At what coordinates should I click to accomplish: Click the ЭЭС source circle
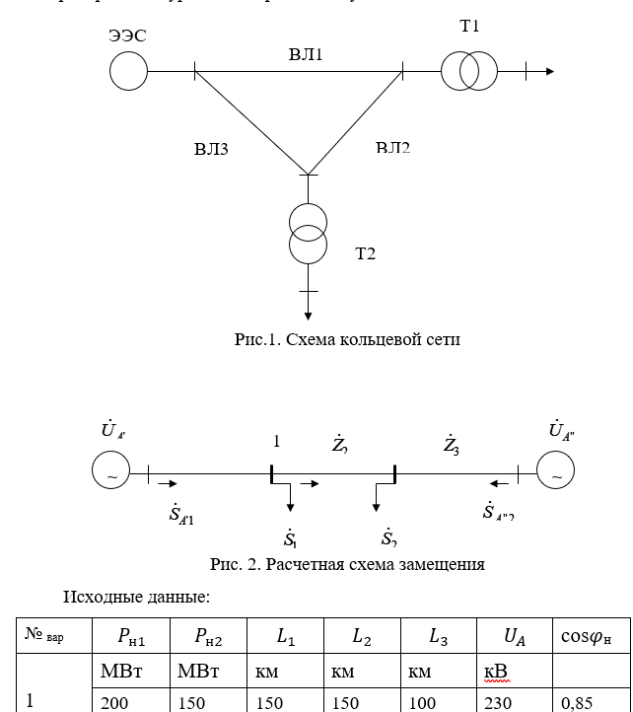tap(128, 71)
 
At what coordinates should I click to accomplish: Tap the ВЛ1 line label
tap(306, 54)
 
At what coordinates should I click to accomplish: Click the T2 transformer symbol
tap(309, 235)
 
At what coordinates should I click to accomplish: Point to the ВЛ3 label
tap(211, 150)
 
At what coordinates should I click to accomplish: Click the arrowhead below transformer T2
tap(309, 316)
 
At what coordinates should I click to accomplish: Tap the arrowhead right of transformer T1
tap(548, 71)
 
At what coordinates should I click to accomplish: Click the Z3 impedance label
tap(451, 446)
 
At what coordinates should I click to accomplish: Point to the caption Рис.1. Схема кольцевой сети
tap(347, 339)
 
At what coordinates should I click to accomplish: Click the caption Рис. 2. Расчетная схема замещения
tap(347, 565)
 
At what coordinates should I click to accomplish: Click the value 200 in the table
tap(114, 702)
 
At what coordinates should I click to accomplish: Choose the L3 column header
tap(439, 638)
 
